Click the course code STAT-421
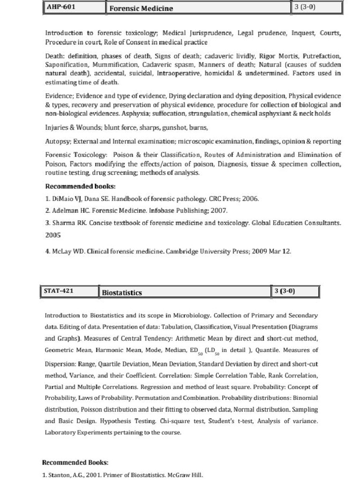pos(58,291)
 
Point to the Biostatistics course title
pos(122,292)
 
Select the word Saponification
pos(67,64)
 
